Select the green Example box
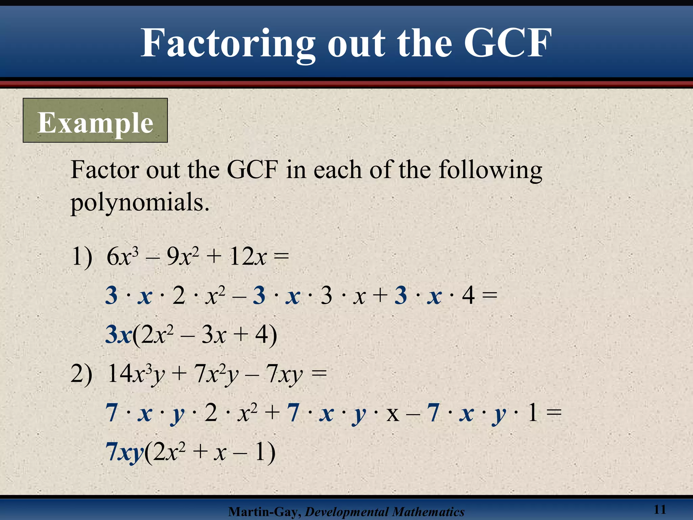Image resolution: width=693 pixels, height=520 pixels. point(95,121)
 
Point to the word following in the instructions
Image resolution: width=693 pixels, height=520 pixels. point(490,170)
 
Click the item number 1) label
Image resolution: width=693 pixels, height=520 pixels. point(82,257)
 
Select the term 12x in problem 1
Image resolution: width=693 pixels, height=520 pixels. point(247,257)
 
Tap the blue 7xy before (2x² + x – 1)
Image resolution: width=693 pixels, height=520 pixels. point(125,452)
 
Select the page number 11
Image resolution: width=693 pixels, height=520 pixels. point(660,509)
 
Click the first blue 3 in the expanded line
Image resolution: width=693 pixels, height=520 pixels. point(111,296)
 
